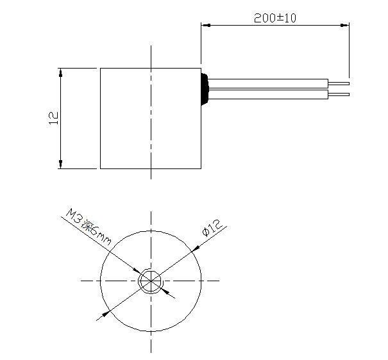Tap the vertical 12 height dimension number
pyautogui.click(x=54, y=117)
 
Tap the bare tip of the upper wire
pyautogui.click(x=339, y=82)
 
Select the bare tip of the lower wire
pyautogui.click(x=339, y=95)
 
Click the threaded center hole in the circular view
pyautogui.click(x=151, y=281)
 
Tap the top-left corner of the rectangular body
pyautogui.click(x=101, y=67)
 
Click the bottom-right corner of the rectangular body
pyautogui.click(x=201, y=168)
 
